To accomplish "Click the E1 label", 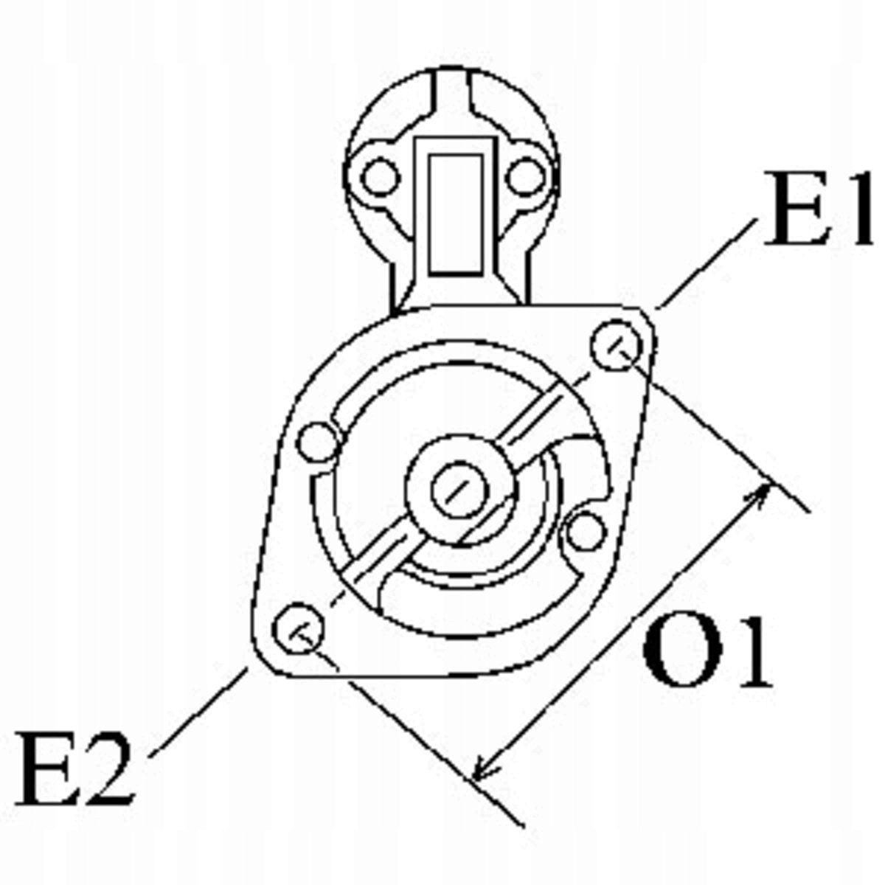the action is [x=817, y=210].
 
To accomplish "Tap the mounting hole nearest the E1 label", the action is [x=618, y=345].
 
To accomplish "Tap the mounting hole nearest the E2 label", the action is [x=297, y=629].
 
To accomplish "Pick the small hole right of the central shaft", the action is [x=586, y=532].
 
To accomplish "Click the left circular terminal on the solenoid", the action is [x=381, y=177].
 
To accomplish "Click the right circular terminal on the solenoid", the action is [x=527, y=177].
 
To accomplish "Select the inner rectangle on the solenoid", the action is [x=456, y=214].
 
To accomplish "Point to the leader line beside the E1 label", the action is [x=707, y=262].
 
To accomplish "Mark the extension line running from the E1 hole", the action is [x=723, y=435].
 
